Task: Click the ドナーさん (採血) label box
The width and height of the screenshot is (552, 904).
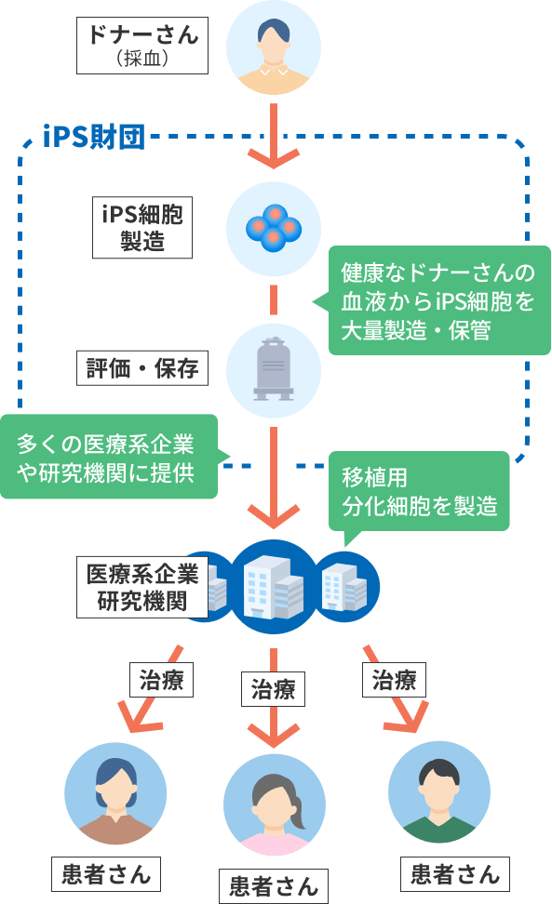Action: click(x=141, y=46)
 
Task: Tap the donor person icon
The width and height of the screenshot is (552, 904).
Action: click(x=274, y=47)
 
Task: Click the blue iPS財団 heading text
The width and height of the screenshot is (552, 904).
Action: click(x=94, y=138)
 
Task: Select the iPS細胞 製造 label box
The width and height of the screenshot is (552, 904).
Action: click(x=141, y=227)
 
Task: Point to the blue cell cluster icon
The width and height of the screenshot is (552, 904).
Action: click(x=274, y=228)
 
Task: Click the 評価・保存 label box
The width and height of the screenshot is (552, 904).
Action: click(x=141, y=368)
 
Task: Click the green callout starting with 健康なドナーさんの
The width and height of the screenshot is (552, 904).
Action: click(x=438, y=301)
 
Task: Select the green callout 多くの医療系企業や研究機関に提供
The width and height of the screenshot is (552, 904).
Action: click(x=108, y=457)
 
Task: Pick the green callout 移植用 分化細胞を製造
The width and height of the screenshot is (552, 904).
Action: click(x=419, y=491)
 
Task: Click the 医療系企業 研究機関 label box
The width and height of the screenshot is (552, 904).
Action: click(x=141, y=587)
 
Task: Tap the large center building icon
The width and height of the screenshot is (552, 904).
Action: click(x=274, y=587)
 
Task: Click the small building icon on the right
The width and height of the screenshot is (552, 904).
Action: click(x=346, y=587)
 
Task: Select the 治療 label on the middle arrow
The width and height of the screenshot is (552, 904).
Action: click(x=273, y=689)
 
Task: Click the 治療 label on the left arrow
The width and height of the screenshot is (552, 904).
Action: click(x=162, y=680)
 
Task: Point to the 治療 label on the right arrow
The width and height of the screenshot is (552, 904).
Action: click(x=394, y=680)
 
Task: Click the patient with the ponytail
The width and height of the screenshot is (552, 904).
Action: click(x=275, y=805)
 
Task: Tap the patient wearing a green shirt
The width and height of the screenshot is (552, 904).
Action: click(x=439, y=792)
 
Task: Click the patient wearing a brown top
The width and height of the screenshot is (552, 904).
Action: click(x=115, y=794)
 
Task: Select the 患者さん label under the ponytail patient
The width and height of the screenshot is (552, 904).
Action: click(x=274, y=886)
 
